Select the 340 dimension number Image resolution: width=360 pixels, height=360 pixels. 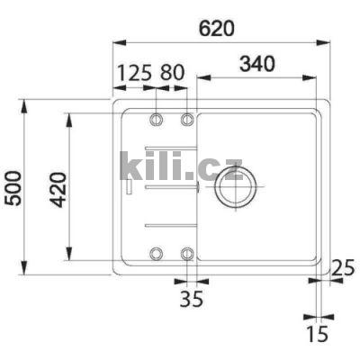click(256, 65)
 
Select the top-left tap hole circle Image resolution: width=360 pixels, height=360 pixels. click(157, 120)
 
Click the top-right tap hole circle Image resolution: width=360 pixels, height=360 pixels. click(188, 120)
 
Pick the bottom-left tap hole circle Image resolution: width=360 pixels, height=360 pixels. click(157, 253)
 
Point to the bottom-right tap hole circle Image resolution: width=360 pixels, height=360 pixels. click(188, 253)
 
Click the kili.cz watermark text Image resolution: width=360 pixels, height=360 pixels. click(180, 166)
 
